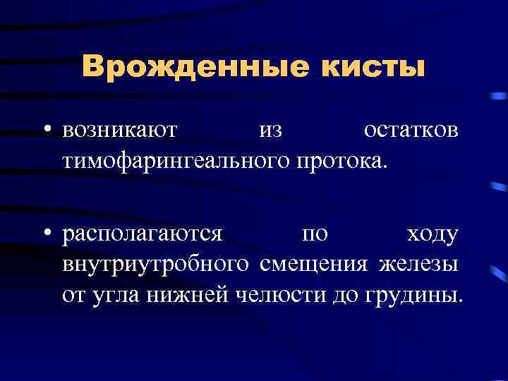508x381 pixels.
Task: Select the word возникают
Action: [x=120, y=131]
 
